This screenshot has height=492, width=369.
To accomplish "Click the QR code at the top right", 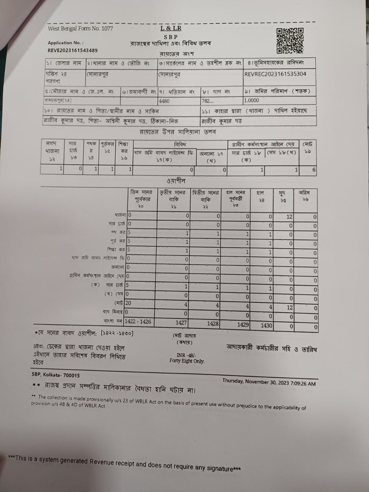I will point(290,40).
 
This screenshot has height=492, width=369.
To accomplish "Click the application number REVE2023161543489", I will point(73,50).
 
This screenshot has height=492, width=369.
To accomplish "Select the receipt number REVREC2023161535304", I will point(275,74).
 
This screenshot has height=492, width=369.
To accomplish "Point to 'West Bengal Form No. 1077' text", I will point(80,29).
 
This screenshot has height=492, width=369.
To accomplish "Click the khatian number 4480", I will point(164,101).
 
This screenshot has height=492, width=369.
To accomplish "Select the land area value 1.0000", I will point(252,100).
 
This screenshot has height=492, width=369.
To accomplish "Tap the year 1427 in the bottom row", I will point(181,322).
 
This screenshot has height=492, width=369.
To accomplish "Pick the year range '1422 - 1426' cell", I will point(138,321).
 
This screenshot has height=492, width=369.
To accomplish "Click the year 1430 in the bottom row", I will point(266,325).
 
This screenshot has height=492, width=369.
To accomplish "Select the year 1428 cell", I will point(212,323).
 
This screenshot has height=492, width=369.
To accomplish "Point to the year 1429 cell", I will point(243,324).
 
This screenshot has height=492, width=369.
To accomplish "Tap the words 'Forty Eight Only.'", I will point(187,361).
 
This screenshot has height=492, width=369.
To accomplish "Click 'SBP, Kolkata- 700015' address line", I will point(56,375).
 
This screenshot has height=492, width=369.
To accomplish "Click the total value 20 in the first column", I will point(128,303).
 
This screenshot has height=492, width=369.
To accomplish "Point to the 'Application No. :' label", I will point(65,43).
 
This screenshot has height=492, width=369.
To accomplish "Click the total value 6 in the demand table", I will point(314,169).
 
